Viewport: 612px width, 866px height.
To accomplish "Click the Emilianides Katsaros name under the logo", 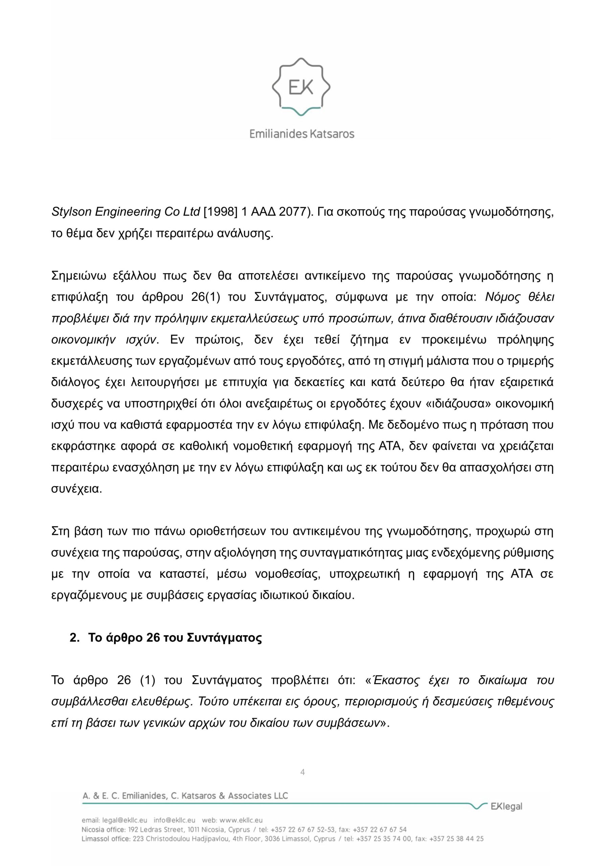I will tap(302, 134).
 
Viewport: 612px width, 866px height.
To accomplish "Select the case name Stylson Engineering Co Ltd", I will tap(126, 212).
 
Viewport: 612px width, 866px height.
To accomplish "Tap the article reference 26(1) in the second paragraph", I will tap(203, 298).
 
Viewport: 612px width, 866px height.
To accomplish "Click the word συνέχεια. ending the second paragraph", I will tap(76, 489).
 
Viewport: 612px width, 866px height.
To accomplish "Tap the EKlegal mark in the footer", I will tap(506, 806).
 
